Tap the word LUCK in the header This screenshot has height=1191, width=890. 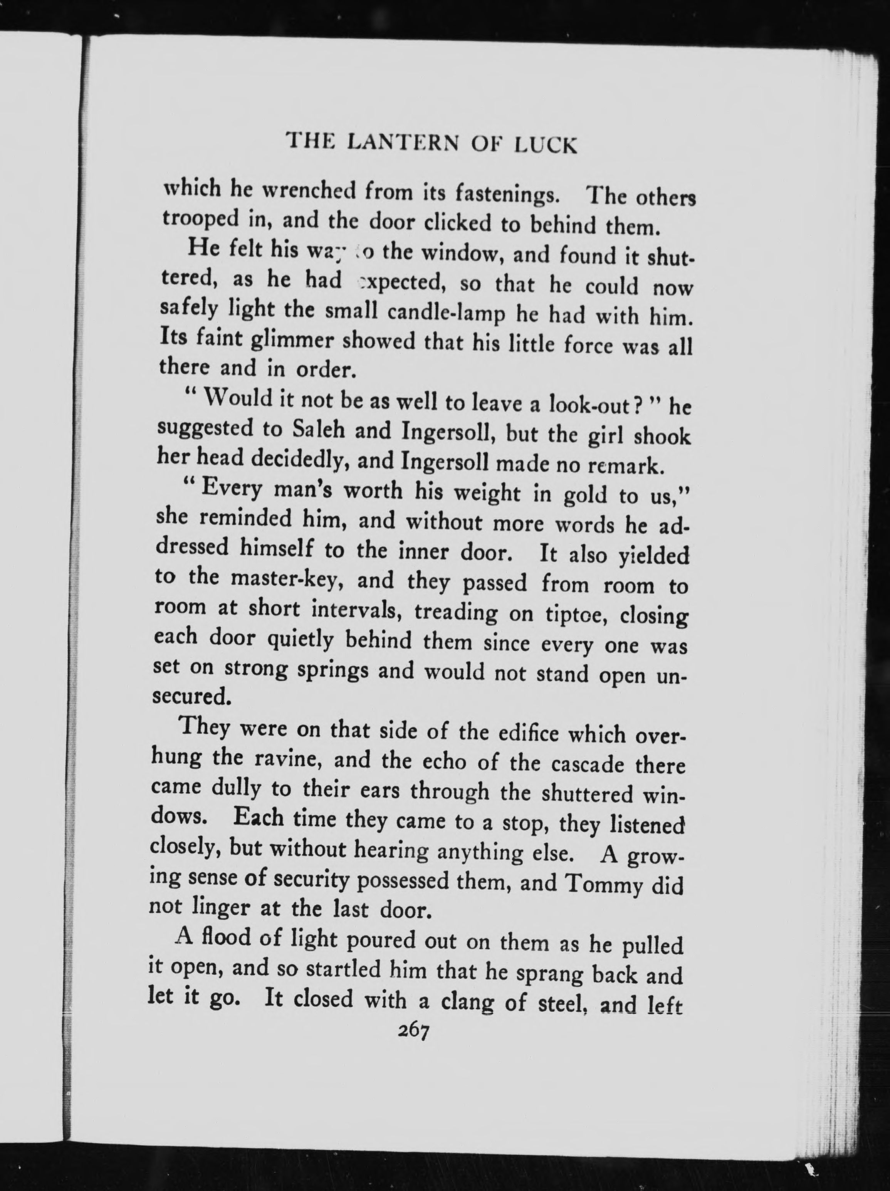546,146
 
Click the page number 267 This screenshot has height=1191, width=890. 413,1031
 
